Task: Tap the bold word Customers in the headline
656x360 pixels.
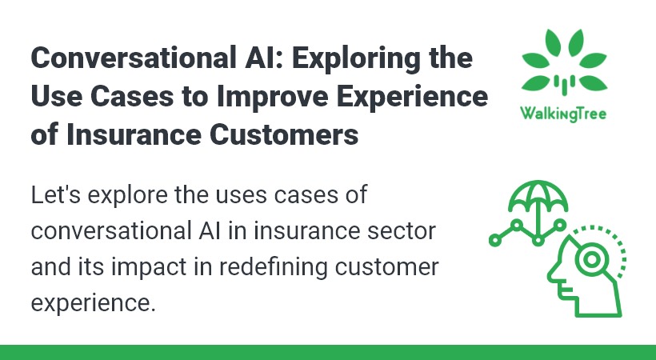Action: [x=284, y=134]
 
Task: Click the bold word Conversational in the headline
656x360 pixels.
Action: [x=134, y=58]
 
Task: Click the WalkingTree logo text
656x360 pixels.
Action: [x=563, y=114]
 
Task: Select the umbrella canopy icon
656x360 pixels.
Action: [x=538, y=196]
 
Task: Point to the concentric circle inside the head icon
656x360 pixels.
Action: [x=591, y=259]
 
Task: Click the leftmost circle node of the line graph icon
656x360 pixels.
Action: [x=495, y=240]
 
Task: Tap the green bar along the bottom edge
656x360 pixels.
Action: [x=328, y=353]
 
